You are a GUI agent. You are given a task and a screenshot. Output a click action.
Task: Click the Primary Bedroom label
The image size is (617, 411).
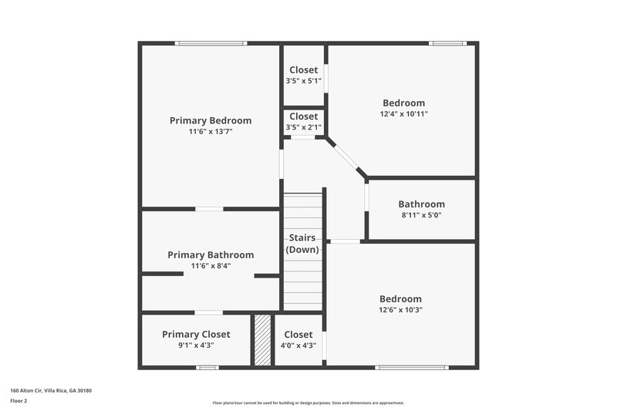point(211,120)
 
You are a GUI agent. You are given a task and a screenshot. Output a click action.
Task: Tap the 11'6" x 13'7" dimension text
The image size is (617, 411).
point(211,132)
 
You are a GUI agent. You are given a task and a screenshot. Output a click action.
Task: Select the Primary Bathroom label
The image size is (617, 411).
point(211,254)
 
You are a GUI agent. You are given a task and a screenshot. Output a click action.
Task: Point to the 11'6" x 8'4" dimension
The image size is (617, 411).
point(211,266)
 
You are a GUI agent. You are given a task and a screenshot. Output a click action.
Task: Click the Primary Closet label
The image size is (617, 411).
point(196,334)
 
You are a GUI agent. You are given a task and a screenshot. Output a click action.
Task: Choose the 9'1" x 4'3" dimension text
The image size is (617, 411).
point(196,345)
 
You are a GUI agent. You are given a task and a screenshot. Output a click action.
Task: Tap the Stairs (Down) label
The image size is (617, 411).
point(302,243)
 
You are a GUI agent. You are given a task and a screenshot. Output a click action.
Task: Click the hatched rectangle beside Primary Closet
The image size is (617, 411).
point(263,339)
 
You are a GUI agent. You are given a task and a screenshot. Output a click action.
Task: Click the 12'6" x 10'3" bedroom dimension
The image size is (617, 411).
point(401,310)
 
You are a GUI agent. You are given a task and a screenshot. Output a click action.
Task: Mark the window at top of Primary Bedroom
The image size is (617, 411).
point(211,43)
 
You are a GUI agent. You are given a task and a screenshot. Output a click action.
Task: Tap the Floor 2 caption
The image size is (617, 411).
point(19,401)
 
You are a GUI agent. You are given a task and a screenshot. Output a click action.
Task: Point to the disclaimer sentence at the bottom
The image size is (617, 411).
point(308,403)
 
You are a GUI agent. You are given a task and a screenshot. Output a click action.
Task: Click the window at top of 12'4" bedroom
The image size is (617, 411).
point(448,43)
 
